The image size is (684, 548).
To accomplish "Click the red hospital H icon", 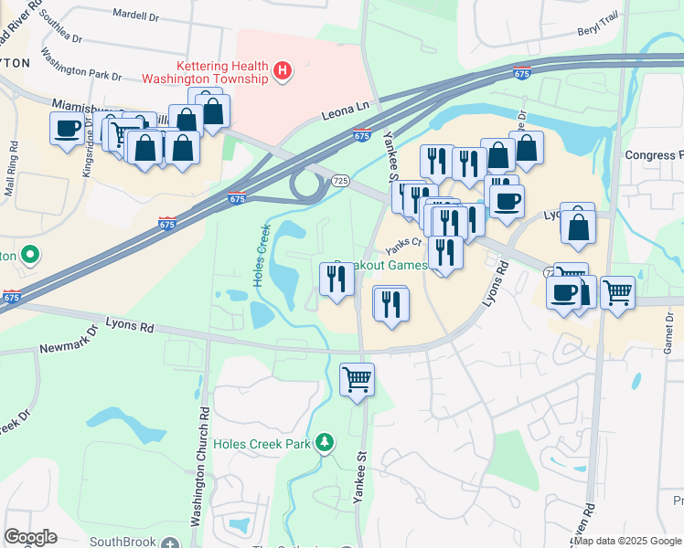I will pyautogui.click(x=283, y=70).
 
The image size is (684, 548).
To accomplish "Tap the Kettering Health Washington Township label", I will pyautogui.click(x=223, y=72).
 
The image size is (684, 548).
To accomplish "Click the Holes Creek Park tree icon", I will pyautogui.click(x=323, y=443).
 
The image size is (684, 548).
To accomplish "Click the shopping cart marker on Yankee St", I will pyautogui.click(x=357, y=378).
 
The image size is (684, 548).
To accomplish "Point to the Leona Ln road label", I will pyautogui.click(x=345, y=110).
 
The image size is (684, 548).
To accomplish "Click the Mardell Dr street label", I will pyautogui.click(x=136, y=15).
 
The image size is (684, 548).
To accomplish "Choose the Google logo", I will pyautogui.click(x=30, y=537).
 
